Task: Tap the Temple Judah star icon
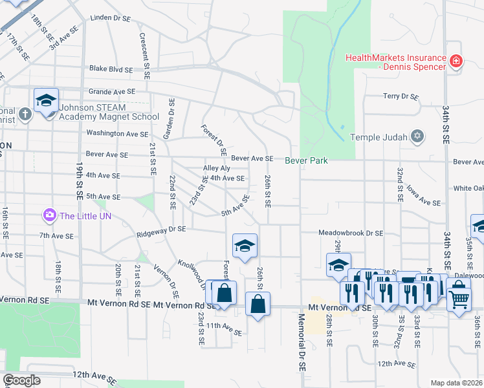point(418,136)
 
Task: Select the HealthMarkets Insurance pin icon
point(456,61)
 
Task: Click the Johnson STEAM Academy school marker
point(47,102)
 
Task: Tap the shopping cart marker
point(459,298)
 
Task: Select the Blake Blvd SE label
point(111,69)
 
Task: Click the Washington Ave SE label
point(117,134)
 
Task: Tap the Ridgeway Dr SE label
point(160,229)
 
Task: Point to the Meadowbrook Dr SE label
point(351,233)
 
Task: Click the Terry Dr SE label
point(401,96)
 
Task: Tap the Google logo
point(22,380)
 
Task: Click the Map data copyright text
point(456,383)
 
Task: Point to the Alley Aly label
point(217,168)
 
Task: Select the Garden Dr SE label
point(171,118)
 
